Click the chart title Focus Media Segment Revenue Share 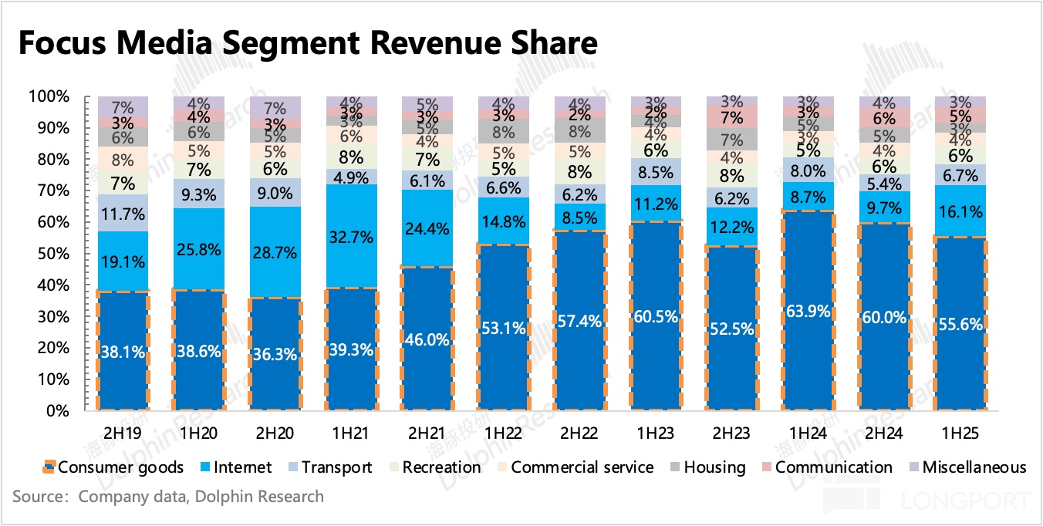coord(306,43)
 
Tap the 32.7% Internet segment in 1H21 coord(351,236)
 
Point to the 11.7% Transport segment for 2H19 coord(123,213)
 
